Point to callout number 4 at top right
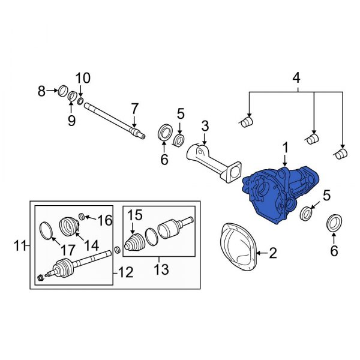(295, 77)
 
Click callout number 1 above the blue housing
(286, 147)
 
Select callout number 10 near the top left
(82, 77)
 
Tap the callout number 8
(41, 91)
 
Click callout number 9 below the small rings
(71, 121)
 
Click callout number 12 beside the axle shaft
(125, 274)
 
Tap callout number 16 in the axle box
(105, 220)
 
